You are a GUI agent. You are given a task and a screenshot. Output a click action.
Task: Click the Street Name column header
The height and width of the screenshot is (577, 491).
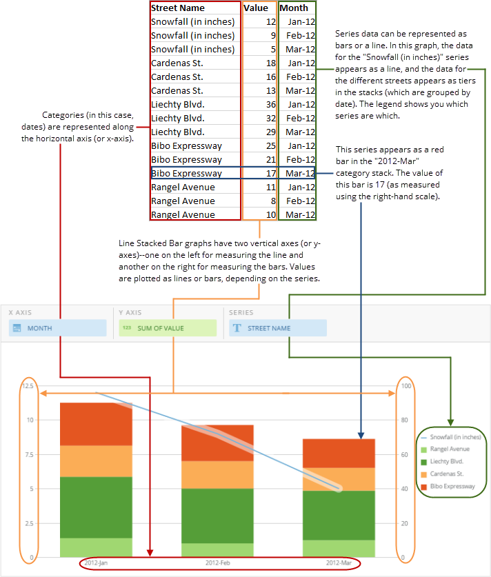(x=178, y=8)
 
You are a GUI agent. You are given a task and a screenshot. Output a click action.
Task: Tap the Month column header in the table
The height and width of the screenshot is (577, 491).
(x=294, y=8)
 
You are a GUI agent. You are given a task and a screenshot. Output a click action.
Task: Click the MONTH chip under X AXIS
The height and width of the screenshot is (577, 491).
(x=58, y=328)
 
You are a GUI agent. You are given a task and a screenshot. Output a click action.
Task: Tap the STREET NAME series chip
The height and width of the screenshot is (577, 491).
(x=277, y=328)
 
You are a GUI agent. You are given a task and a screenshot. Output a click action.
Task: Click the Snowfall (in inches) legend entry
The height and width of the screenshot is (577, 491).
(x=452, y=437)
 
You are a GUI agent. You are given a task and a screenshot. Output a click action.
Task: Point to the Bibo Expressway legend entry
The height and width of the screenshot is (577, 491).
(x=451, y=487)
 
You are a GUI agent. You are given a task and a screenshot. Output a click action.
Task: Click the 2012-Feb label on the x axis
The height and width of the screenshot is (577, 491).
(x=218, y=563)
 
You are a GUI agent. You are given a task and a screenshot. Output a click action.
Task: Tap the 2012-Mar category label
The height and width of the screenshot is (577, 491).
(x=338, y=563)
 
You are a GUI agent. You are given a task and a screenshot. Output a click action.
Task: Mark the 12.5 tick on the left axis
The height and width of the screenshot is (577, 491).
(x=27, y=386)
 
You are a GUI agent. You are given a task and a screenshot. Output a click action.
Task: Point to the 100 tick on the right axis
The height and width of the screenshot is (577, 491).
(x=407, y=386)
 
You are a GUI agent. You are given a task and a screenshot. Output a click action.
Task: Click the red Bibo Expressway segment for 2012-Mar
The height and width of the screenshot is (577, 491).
(x=339, y=453)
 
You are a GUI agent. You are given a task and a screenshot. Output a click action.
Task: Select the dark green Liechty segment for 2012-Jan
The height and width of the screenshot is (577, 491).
(x=96, y=507)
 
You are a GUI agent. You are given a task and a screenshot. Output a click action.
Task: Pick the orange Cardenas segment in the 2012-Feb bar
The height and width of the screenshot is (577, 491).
(x=217, y=474)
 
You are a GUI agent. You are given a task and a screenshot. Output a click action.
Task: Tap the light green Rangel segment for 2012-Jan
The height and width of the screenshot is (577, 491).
(x=96, y=547)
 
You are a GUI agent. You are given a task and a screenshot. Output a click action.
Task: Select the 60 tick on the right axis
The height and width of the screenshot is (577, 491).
(x=405, y=454)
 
